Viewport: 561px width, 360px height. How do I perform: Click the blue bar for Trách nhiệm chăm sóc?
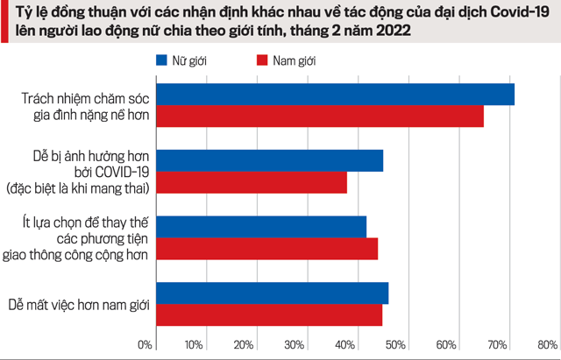click(x=335, y=94)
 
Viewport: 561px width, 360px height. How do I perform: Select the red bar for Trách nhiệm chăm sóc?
click(x=320, y=116)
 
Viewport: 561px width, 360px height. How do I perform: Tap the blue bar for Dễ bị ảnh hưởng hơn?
click(x=269, y=160)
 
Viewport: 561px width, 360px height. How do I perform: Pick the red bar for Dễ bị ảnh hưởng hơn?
click(x=252, y=182)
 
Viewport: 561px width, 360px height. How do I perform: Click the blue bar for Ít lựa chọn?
click(x=261, y=227)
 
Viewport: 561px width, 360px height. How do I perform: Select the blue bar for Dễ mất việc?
click(x=272, y=293)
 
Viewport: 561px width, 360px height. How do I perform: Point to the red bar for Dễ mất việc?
click(x=269, y=314)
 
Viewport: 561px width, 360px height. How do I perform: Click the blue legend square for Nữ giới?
click(x=161, y=61)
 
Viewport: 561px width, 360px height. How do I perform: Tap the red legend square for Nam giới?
click(x=261, y=61)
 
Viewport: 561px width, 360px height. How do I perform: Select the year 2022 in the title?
click(x=392, y=32)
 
